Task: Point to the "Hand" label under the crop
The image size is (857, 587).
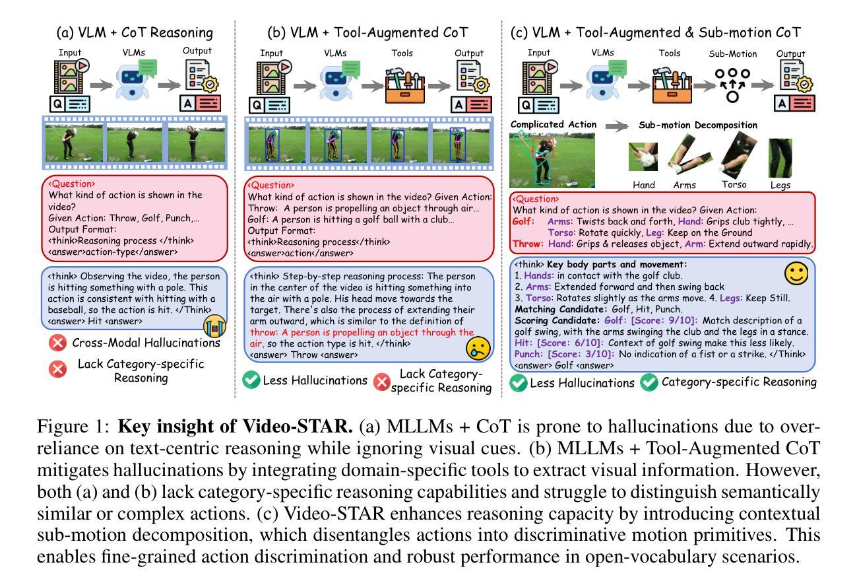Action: pyautogui.click(x=643, y=186)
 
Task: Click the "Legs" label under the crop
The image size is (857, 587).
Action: pyautogui.click(x=780, y=186)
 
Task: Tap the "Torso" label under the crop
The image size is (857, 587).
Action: pyautogui.click(x=735, y=186)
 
